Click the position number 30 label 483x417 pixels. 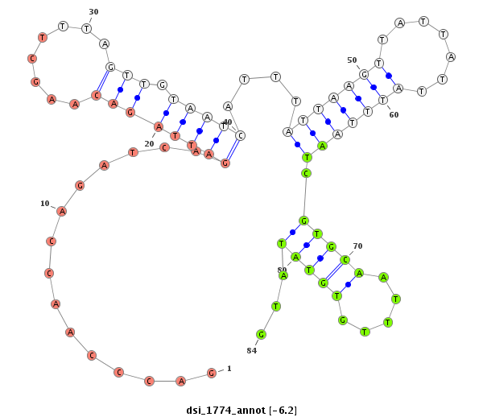pos(93,12)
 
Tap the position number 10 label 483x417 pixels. pos(45,203)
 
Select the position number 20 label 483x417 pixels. pos(149,144)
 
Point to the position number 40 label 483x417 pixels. pos(227,122)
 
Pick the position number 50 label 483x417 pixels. pos(352,60)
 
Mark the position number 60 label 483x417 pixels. pos(394,115)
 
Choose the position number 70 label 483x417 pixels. pos(357,246)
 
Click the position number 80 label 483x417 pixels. pos(282,270)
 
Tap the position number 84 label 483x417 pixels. pos(252,350)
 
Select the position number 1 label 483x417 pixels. pos(229,369)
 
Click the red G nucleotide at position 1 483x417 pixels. pos(211,373)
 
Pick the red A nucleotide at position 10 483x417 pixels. pos(61,211)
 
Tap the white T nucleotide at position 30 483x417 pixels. pos(86,28)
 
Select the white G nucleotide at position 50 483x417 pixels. pos(364,74)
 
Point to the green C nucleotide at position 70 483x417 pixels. pos(345,259)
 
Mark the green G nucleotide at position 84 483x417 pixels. pos(261,334)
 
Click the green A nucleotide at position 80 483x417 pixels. pos(283,275)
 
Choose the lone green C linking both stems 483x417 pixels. pos(306,173)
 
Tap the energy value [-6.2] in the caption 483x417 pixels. pos(283,411)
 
